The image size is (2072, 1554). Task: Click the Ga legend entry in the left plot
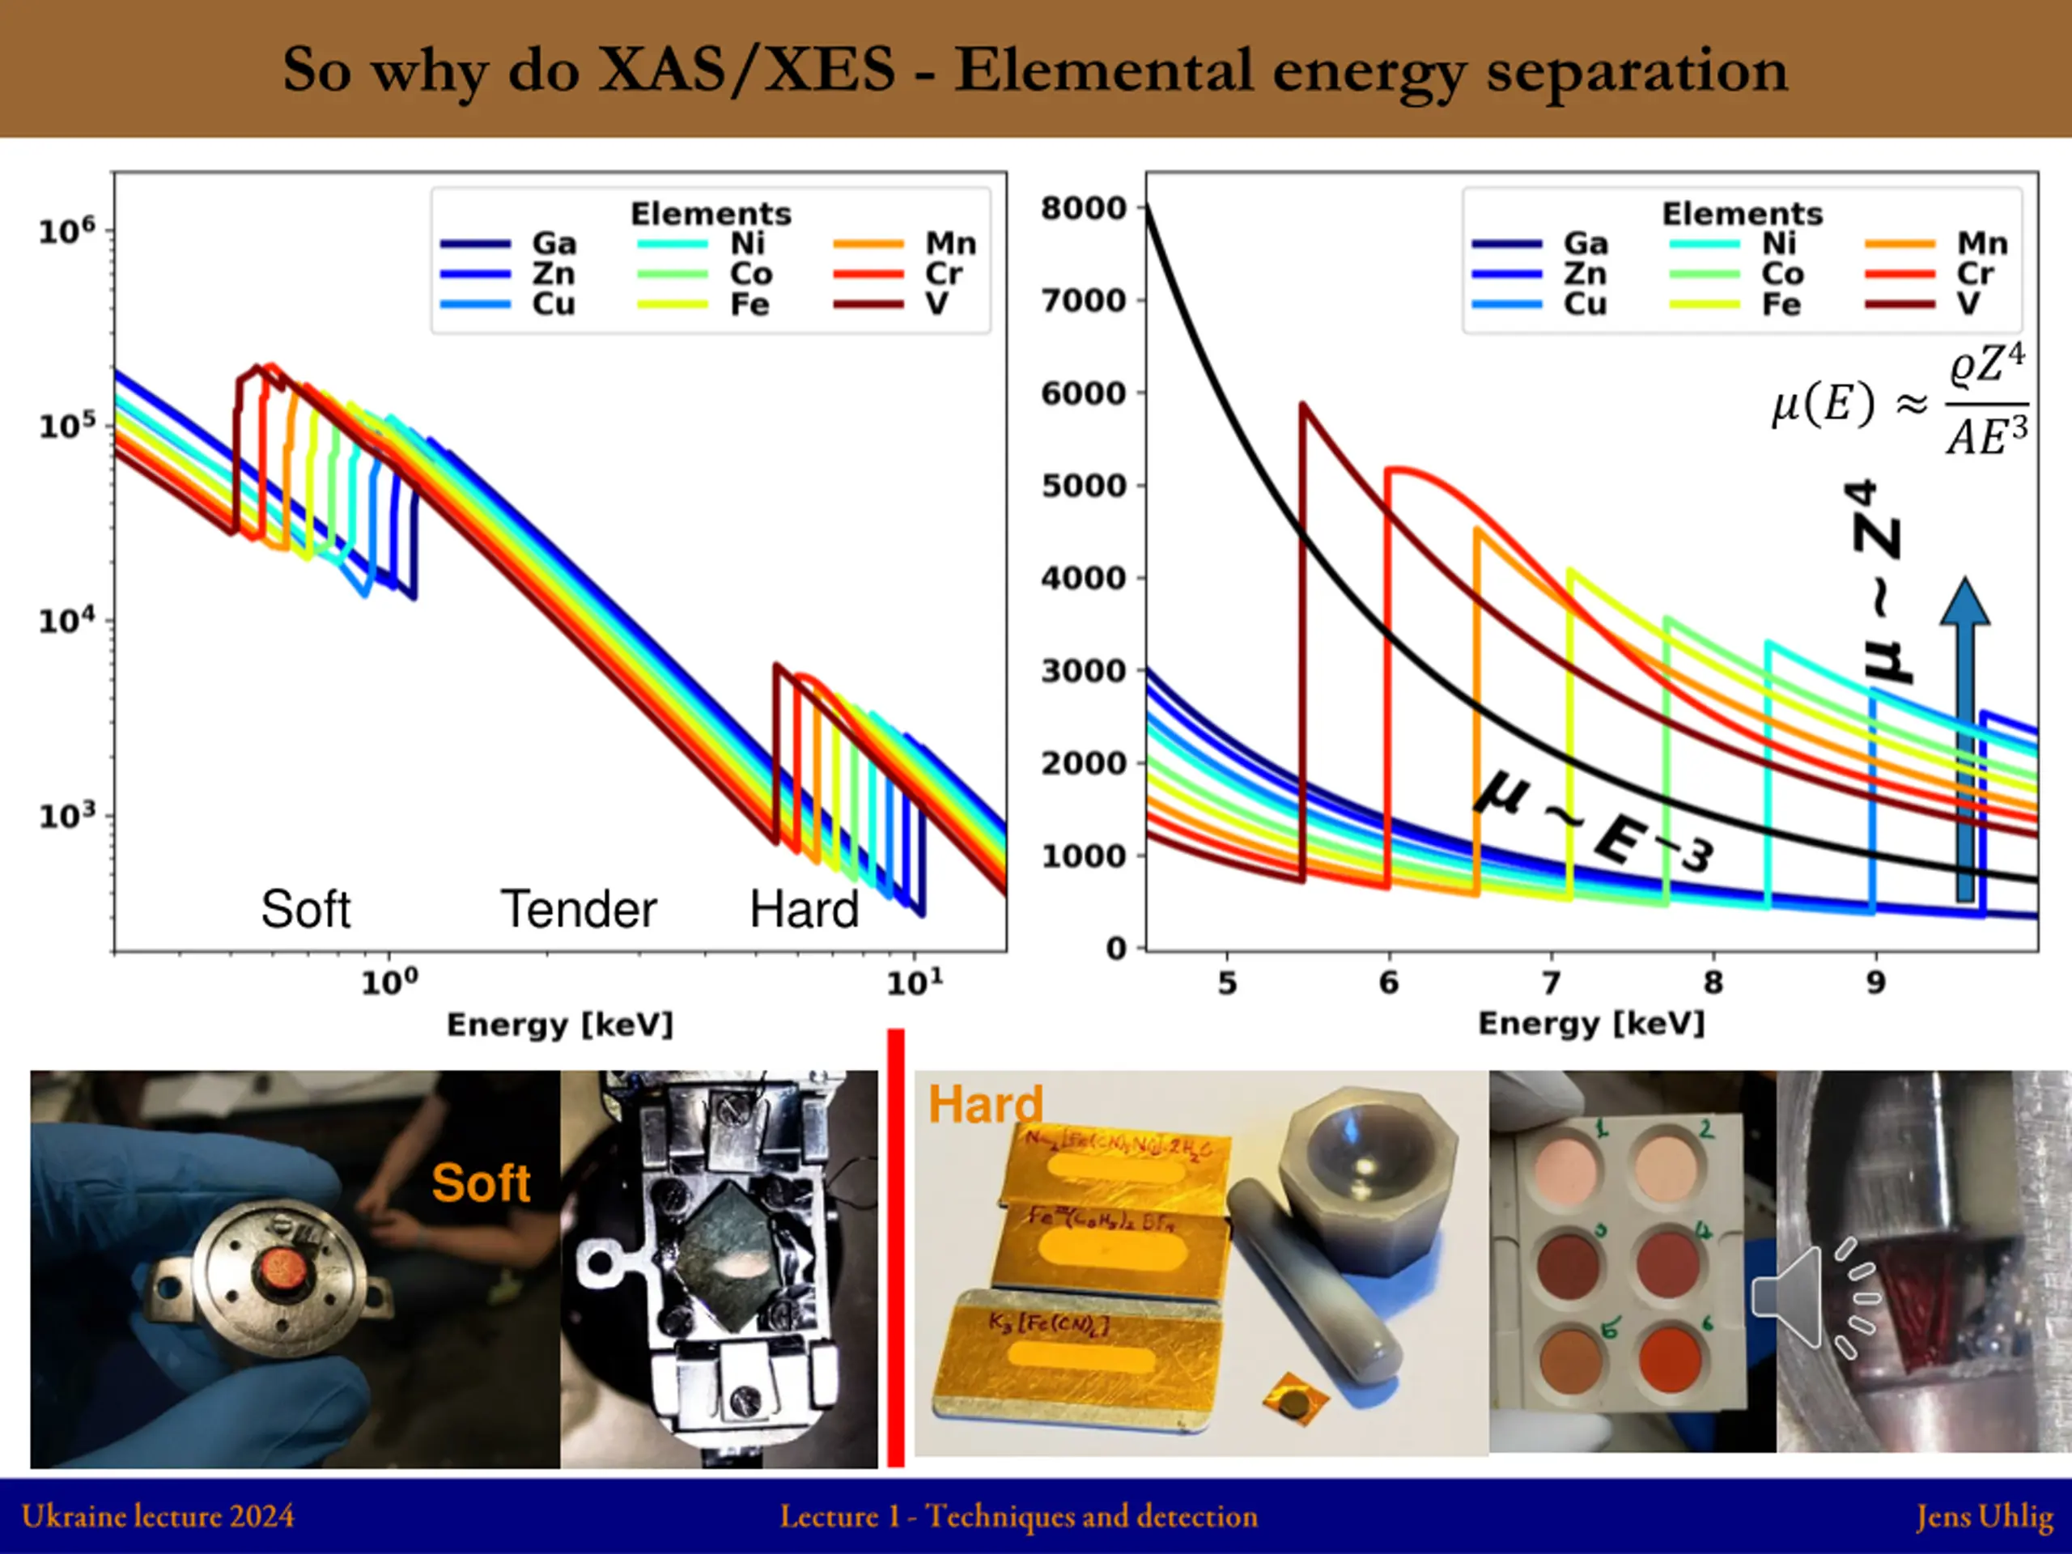553,244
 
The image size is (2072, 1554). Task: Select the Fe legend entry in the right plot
1781,304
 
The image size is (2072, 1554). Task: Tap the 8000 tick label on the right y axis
1083,208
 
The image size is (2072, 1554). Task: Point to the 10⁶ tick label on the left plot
66,230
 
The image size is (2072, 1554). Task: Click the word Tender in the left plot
578,909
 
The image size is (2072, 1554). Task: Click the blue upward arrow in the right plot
1964,740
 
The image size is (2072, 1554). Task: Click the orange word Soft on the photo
481,1182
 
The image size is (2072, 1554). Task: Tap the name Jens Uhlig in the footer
1984,1516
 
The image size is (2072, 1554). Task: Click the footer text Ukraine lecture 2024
157,1516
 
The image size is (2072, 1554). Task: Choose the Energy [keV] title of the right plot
1590,1023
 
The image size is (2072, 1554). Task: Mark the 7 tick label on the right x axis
1552,982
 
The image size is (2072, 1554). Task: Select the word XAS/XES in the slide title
746,70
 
